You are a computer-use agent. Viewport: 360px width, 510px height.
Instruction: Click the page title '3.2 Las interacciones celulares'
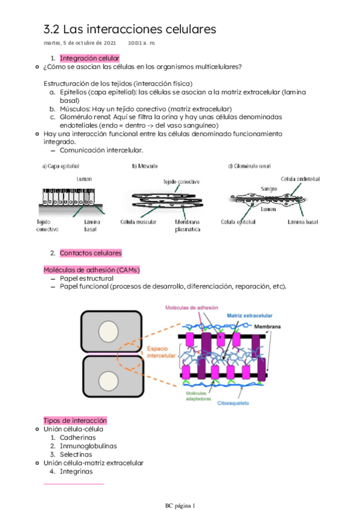130,29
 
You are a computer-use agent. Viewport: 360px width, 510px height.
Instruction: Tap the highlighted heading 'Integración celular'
90,58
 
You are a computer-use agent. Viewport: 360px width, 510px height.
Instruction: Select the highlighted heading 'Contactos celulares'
91,253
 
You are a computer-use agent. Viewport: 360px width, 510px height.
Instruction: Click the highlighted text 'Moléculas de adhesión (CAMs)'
91,270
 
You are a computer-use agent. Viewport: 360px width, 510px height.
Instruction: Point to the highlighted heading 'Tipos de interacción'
75,420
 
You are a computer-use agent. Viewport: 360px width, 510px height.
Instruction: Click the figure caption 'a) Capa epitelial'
61,166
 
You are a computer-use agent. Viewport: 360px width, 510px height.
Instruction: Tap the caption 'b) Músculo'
145,166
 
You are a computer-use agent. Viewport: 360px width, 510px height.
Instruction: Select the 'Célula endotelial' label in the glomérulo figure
301,179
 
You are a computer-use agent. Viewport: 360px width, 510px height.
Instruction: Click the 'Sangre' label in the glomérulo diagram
269,189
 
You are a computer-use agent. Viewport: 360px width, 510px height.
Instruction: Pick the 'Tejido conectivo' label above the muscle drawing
182,182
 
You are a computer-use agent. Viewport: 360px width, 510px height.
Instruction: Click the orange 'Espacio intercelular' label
161,352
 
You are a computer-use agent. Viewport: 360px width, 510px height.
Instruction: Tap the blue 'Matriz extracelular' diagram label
249,316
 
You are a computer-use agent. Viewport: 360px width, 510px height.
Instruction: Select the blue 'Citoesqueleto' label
233,403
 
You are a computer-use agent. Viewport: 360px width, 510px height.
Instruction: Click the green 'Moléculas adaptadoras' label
198,396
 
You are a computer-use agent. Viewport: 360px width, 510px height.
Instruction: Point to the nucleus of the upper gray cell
108,331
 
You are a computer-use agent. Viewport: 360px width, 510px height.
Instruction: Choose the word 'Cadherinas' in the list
78,437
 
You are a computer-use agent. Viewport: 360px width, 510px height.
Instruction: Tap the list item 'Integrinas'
76,472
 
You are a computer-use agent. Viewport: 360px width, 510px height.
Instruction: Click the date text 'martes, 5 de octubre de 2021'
79,43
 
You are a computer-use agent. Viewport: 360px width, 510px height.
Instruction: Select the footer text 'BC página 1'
180,505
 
